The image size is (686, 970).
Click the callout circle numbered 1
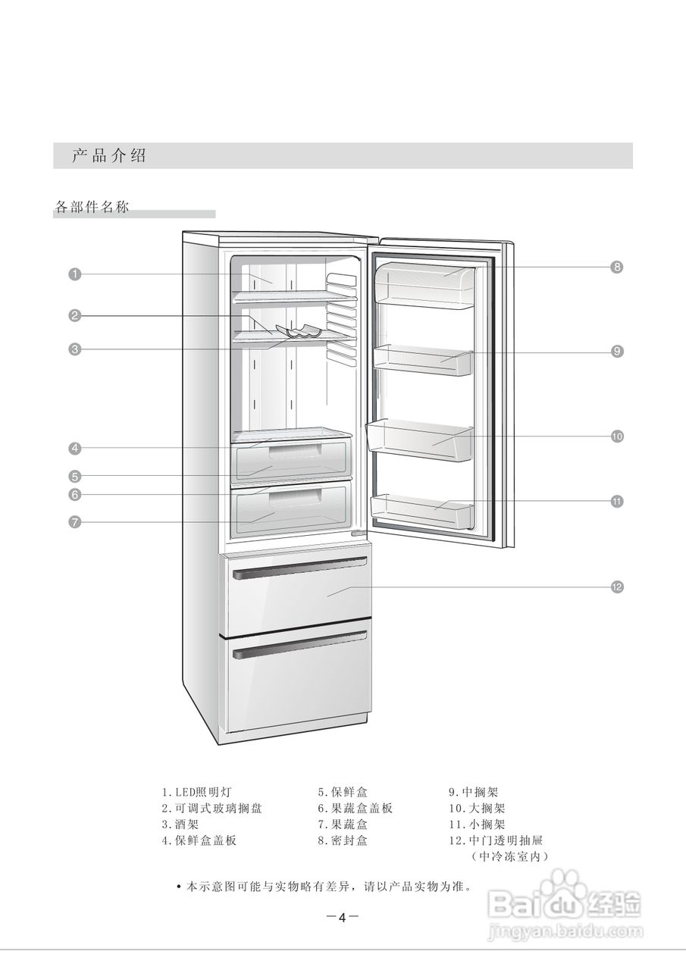pos(74,274)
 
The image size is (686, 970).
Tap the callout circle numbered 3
pos(74,349)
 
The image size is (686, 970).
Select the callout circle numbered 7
pos(74,521)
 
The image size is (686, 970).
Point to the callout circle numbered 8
pos(617,267)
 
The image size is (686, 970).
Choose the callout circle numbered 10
pos(617,436)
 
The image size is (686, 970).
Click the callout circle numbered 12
pos(617,587)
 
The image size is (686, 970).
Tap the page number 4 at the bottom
pos(342,918)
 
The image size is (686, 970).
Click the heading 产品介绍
pos(109,156)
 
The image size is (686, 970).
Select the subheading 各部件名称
pos(92,207)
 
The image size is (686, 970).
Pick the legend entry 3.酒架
pos(180,824)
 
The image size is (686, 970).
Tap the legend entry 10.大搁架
pos(477,809)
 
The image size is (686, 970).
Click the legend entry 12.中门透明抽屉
pos(496,840)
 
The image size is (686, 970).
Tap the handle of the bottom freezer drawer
pos(300,645)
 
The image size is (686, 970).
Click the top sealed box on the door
pos(424,285)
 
